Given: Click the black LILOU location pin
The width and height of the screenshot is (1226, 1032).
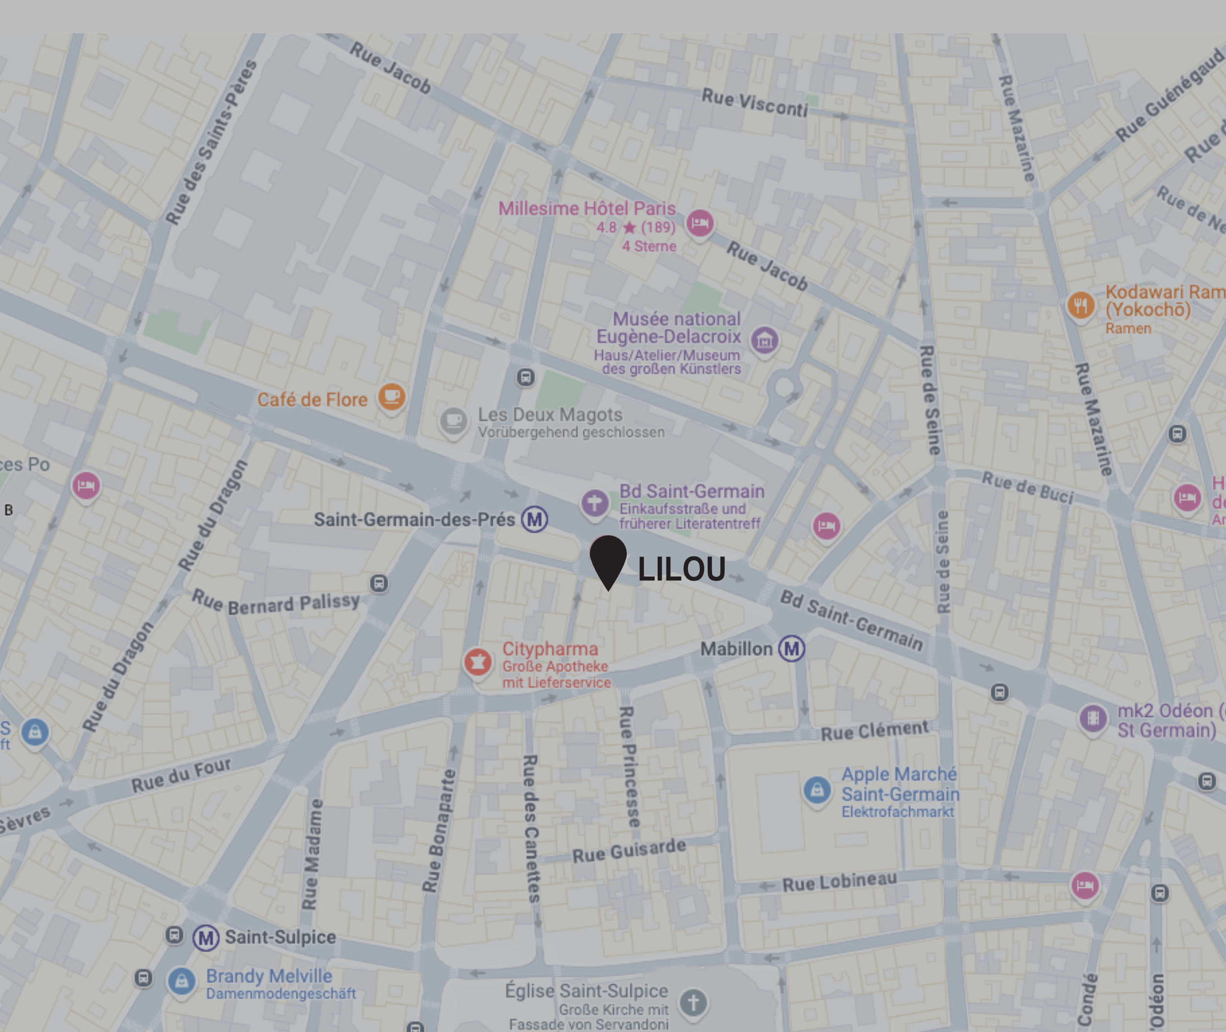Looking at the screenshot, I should [608, 559].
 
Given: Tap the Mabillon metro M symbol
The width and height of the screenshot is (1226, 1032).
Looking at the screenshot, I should [791, 648].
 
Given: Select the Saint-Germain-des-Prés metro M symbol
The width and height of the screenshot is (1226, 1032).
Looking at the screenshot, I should [534, 519].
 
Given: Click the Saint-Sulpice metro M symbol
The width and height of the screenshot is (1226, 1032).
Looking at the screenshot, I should [205, 938].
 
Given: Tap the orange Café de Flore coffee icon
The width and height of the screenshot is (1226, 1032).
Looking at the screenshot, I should [391, 397].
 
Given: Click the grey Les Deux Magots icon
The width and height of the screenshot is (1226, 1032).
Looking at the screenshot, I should [454, 420].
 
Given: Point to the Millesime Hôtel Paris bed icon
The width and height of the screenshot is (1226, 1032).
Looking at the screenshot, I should [700, 222].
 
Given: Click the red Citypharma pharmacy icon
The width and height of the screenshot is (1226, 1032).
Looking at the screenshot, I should [478, 662].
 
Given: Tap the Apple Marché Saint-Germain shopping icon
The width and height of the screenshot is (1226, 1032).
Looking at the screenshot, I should [817, 790].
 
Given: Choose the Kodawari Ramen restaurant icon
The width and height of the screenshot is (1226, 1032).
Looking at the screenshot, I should [1080, 305].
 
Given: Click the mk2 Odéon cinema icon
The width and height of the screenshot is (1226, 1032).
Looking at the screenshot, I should [1093, 717].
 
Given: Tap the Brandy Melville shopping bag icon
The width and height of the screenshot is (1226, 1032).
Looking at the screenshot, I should [181, 980].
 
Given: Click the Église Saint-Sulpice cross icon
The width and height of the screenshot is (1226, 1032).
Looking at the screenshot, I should [693, 1002].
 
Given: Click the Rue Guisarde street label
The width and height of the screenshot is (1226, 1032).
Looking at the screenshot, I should [629, 851].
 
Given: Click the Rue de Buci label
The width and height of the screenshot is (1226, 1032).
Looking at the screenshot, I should [1027, 487].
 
